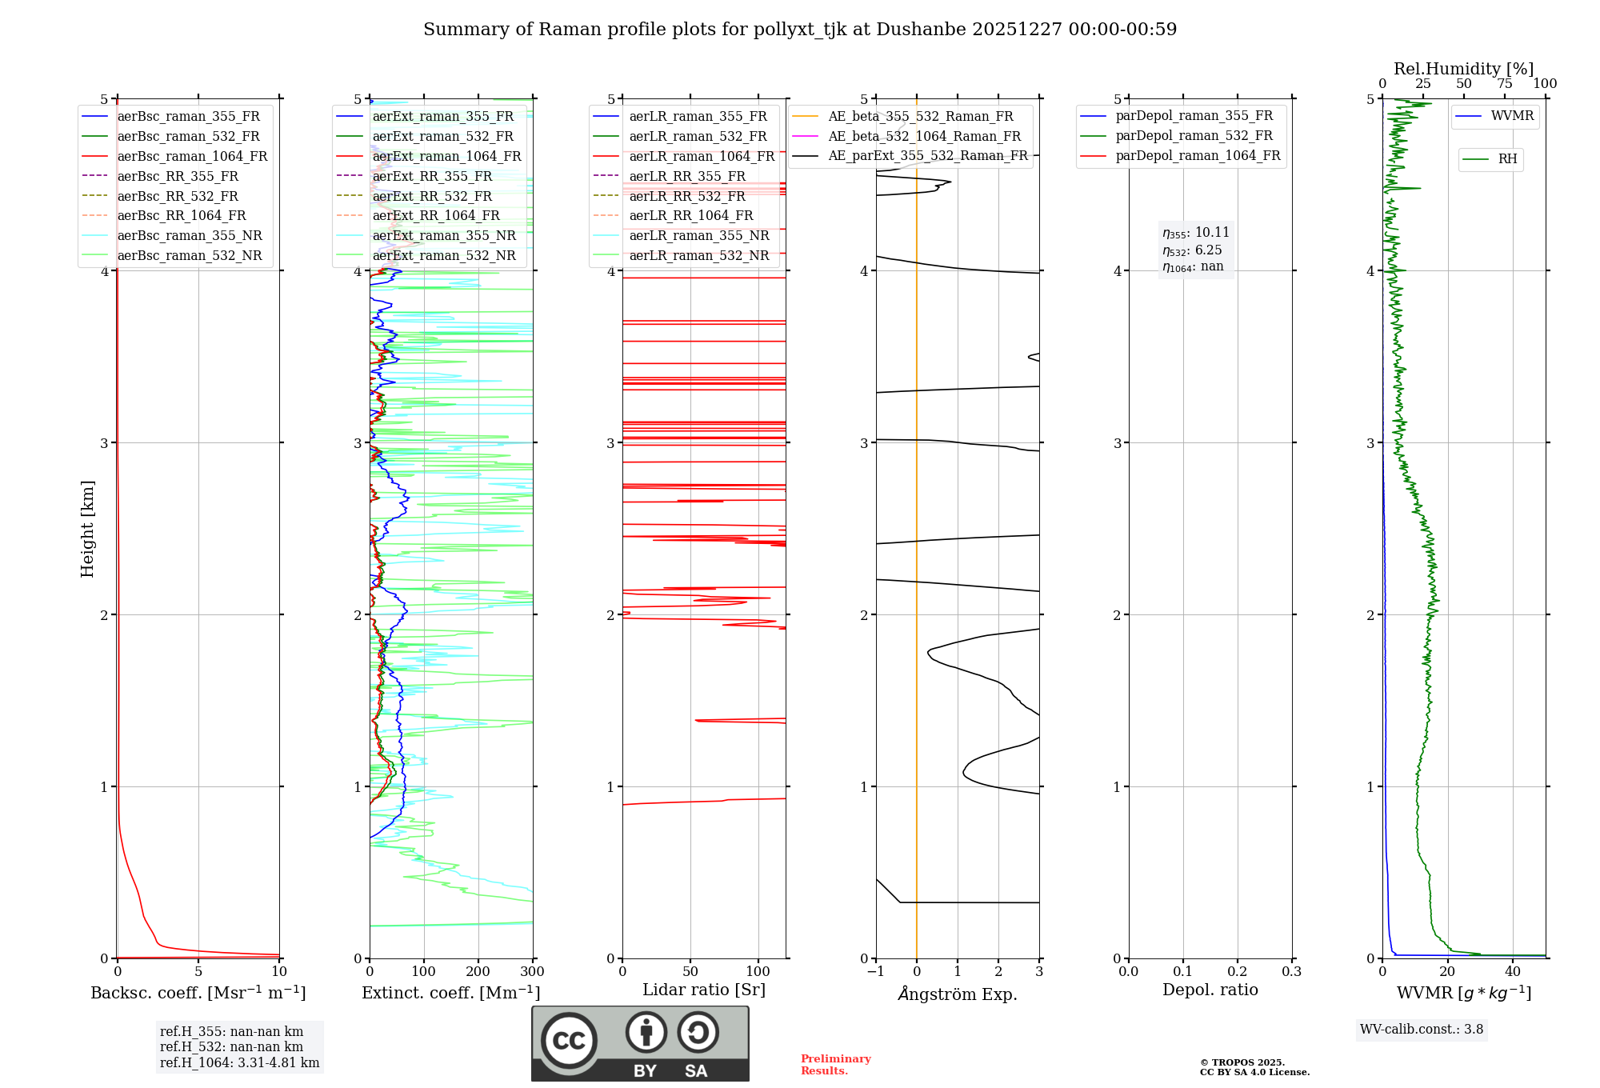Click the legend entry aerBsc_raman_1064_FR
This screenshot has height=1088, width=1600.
pos(192,157)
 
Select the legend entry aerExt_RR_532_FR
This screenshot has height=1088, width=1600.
pos(432,196)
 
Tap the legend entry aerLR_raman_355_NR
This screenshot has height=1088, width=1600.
pos(698,236)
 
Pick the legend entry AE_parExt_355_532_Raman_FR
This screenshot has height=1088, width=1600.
pos(927,156)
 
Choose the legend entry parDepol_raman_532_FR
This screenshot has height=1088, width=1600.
pos(1194,136)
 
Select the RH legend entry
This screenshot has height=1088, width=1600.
pos(1507,159)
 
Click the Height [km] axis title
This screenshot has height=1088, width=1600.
pos(87,529)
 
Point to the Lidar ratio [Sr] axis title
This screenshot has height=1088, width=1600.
pos(704,990)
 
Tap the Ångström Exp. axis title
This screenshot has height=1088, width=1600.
pos(958,994)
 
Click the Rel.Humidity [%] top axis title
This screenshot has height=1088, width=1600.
pos(1463,69)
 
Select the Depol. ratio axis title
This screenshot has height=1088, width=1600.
pos(1210,990)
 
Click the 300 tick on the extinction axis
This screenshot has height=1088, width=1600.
pos(532,972)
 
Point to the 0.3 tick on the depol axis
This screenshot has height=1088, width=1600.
pos(1291,972)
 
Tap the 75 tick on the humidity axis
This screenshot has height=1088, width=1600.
pos(1504,84)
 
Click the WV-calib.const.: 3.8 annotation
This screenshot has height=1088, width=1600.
pos(1421,1030)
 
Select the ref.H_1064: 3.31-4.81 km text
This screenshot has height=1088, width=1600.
pos(239,1063)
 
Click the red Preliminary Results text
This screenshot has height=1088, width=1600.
pos(835,1065)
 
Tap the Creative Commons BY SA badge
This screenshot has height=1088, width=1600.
pos(640,1044)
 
